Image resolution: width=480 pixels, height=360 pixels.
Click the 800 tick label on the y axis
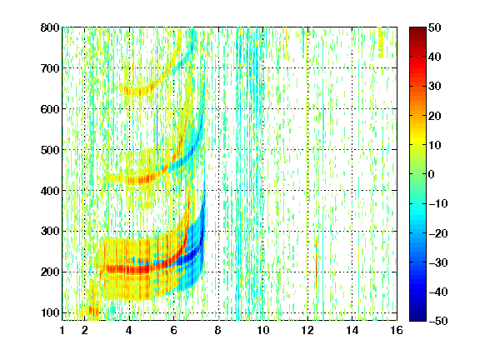click(50, 27)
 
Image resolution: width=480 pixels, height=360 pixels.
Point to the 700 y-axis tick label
click(50, 68)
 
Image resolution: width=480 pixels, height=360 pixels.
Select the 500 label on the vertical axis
click(50, 150)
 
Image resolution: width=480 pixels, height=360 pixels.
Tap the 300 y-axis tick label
click(50, 232)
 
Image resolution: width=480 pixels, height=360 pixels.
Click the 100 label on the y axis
click(50, 312)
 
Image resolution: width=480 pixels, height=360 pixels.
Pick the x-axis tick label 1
click(62, 330)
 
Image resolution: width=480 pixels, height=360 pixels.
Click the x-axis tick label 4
click(129, 330)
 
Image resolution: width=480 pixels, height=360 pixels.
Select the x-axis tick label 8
click(218, 330)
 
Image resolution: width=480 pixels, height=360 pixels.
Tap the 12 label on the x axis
click(307, 330)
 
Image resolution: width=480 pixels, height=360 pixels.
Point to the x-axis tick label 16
click(397, 330)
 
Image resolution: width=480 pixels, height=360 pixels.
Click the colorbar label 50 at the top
click(434, 27)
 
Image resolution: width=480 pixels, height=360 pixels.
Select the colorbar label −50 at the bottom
click(437, 321)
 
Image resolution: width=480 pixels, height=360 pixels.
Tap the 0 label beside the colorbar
click(432, 174)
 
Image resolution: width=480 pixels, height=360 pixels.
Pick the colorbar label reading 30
click(434, 87)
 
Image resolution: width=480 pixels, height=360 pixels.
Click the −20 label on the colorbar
click(437, 233)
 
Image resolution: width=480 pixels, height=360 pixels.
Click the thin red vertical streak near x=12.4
click(316, 263)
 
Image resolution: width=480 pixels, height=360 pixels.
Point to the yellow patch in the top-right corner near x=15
click(381, 42)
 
